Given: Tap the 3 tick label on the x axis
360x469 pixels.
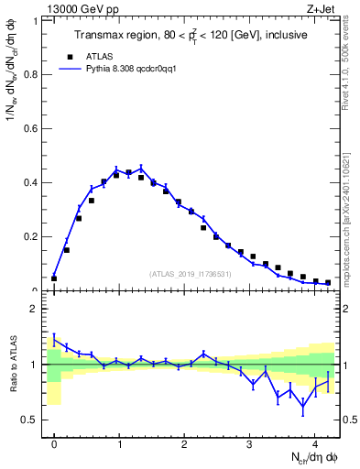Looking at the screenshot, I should click(x=250, y=442).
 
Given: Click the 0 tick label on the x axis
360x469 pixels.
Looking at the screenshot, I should click(x=54, y=442).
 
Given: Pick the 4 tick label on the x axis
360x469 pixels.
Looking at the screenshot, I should click(x=315, y=442).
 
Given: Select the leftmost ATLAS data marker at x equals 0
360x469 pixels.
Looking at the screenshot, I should click(x=54, y=278).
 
